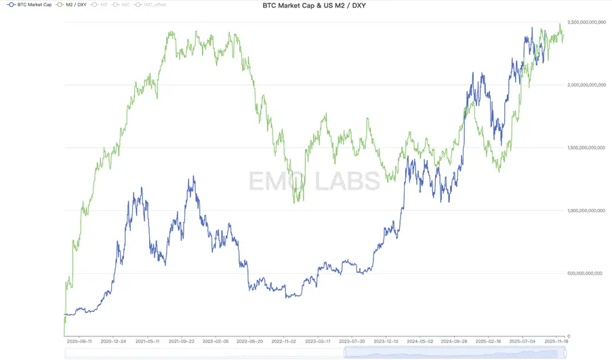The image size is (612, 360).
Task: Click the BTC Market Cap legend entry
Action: pos(28,5)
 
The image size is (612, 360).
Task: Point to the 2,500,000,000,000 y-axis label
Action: pos(588,23)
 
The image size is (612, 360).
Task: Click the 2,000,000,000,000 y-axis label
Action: pos(588,85)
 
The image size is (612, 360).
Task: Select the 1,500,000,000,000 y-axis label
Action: pos(588,148)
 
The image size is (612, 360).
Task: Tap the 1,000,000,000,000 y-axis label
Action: pos(588,211)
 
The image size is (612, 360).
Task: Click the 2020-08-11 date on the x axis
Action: pos(81,342)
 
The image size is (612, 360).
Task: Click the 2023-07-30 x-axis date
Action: pos(352,342)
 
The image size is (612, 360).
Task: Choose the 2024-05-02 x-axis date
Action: pos(420,342)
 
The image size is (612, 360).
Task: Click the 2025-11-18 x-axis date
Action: pos(557,342)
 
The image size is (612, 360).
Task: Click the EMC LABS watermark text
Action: pos(313,181)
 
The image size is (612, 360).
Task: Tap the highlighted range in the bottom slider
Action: pos(454,353)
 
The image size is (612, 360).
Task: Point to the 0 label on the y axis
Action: pos(569,336)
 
